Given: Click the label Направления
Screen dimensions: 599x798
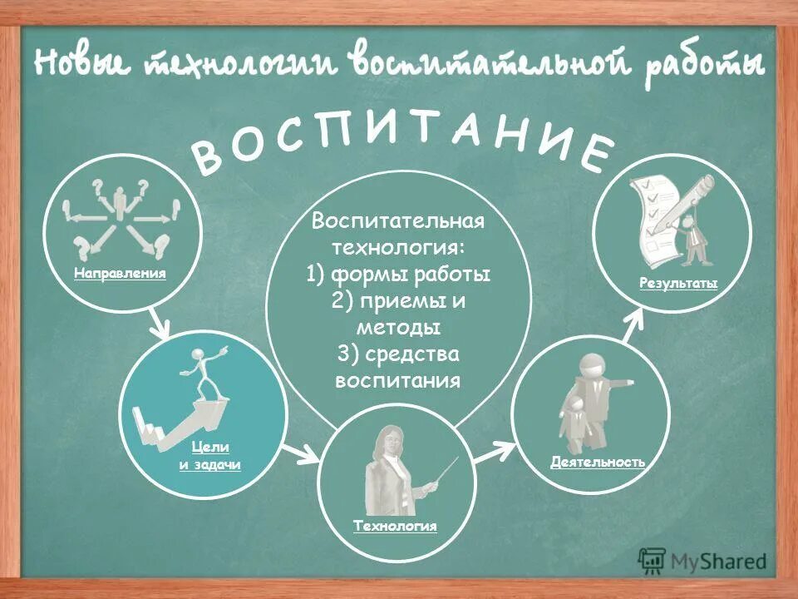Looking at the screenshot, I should (120, 272).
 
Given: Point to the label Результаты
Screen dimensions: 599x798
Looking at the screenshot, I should (678, 284).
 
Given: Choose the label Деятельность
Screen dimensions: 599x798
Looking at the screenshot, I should (597, 461).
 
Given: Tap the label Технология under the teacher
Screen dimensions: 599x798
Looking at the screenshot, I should (395, 526).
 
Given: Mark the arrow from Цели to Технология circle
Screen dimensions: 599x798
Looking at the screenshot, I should (302, 453).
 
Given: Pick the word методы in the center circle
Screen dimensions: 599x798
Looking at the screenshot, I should (397, 328).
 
